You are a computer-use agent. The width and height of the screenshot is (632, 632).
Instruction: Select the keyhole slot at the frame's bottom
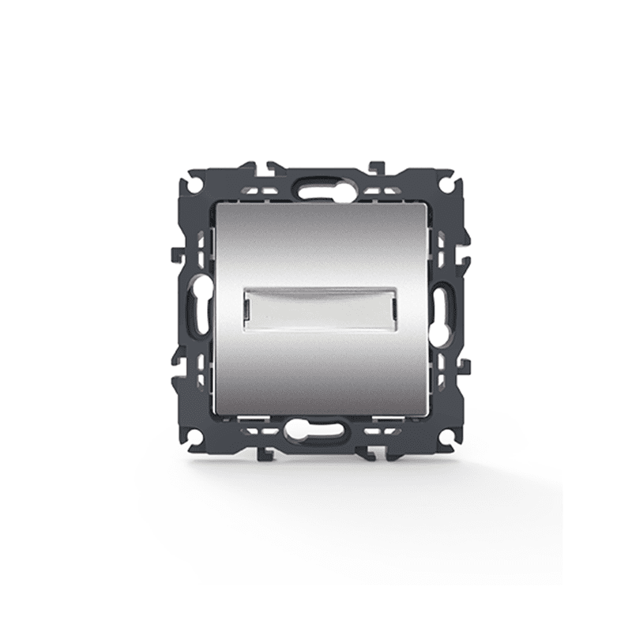[x=315, y=432]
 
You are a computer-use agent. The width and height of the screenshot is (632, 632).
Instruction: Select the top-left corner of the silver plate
[x=215, y=205]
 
